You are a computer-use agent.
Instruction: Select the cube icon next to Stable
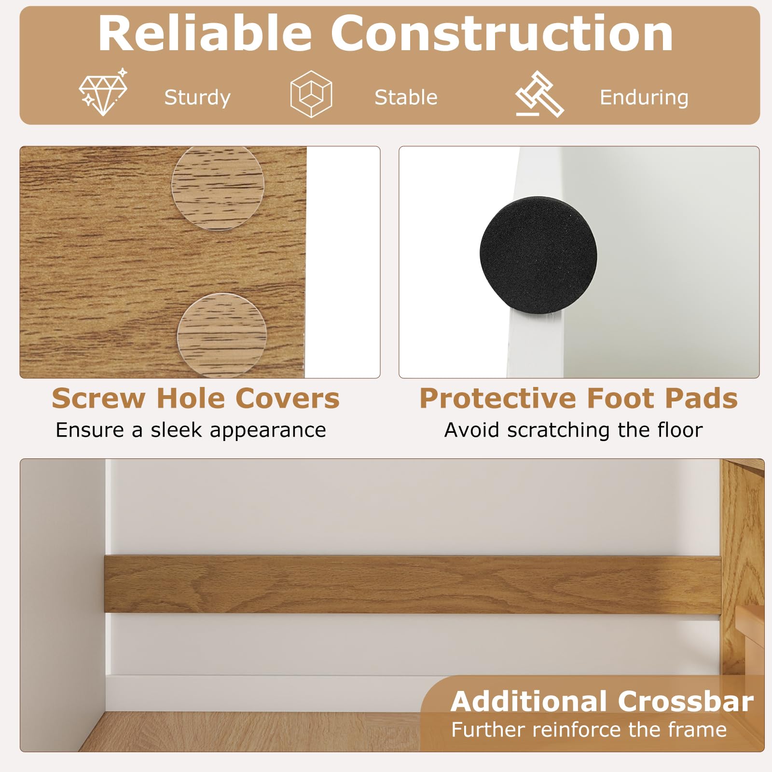tap(311, 94)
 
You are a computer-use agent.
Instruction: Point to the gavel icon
tap(539, 94)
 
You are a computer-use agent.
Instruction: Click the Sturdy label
tap(197, 98)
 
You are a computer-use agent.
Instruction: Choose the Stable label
tap(406, 97)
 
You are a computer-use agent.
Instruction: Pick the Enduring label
tap(644, 98)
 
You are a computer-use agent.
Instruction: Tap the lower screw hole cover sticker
tap(221, 334)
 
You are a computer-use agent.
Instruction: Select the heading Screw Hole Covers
tap(195, 399)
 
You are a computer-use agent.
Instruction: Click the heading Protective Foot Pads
tap(579, 399)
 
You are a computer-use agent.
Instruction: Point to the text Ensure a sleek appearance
tap(191, 430)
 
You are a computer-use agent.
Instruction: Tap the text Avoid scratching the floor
tap(573, 430)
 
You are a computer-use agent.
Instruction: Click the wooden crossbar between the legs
tap(413, 584)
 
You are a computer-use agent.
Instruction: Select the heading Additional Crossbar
tap(602, 701)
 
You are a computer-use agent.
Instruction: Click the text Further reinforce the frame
tap(589, 730)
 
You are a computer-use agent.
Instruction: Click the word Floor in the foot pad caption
tap(680, 430)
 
